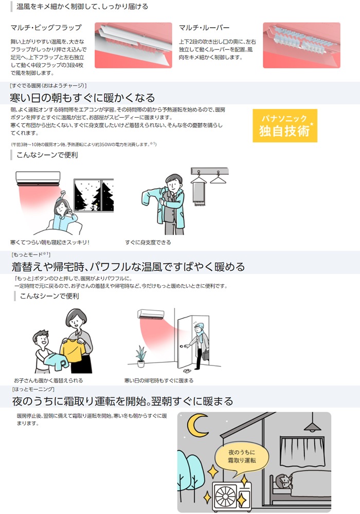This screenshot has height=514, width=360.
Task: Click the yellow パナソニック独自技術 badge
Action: coord(285,125)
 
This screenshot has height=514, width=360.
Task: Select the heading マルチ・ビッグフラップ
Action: coord(46,28)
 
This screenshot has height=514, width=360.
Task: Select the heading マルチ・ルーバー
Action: coord(204,28)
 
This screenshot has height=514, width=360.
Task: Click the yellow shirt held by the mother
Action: coord(73,351)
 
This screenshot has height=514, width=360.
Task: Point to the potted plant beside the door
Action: coord(141,356)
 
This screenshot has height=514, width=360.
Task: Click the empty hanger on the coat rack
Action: coord(218,178)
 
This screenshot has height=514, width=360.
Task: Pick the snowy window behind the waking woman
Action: coord(94,195)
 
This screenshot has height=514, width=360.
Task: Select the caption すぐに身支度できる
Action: coord(148,242)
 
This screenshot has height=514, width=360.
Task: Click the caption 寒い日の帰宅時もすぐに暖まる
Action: coord(159,380)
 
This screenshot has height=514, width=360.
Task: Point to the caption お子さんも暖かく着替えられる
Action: coord(48,380)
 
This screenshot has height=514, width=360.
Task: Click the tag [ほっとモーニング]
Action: coord(33,389)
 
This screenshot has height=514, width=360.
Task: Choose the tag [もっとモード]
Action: coord(30,254)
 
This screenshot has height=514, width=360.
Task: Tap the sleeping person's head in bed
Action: coord(283,481)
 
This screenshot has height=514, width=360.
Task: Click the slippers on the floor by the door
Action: coord(187,371)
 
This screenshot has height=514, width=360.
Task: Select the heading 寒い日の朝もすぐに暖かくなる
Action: coord(82,98)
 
